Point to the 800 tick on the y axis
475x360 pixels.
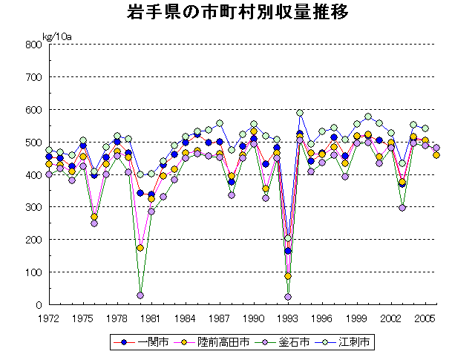pos(32,45)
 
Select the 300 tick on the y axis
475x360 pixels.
pos(32,207)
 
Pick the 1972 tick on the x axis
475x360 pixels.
pos(49,318)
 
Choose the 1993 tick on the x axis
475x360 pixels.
pos(288,318)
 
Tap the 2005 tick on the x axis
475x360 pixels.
pos(425,318)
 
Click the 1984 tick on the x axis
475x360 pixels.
pos(186,318)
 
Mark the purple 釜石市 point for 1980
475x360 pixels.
pos(140,295)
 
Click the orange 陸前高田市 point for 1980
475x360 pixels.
pos(140,248)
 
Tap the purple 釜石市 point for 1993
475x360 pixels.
pos(288,297)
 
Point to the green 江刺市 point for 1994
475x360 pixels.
pos(300,113)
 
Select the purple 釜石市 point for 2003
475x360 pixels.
pos(402,208)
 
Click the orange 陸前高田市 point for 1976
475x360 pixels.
pos(94,217)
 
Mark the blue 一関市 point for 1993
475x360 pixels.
pos(288,251)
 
